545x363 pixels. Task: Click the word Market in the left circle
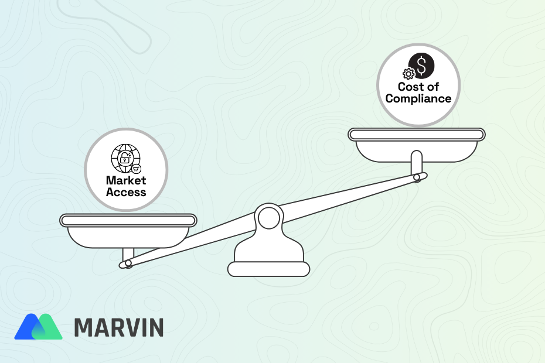click(x=126, y=181)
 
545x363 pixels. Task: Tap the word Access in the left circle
click(x=126, y=191)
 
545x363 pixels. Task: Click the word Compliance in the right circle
click(x=418, y=98)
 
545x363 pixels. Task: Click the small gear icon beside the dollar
click(x=408, y=74)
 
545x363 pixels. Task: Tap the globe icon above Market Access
click(x=125, y=157)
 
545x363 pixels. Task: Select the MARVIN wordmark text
click(x=119, y=327)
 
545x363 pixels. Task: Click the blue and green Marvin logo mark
click(x=38, y=327)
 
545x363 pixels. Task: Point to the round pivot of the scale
click(x=268, y=219)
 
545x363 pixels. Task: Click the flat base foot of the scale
click(x=268, y=269)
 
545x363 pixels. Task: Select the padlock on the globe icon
click(x=124, y=158)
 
